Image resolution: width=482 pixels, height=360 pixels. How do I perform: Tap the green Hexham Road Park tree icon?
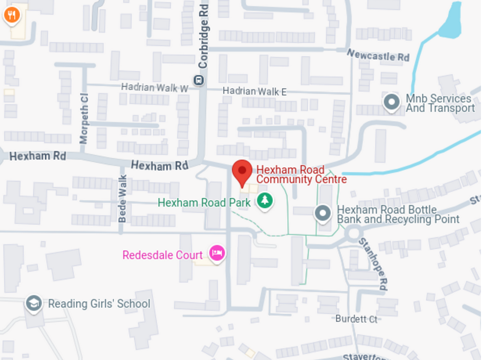pos(265,200)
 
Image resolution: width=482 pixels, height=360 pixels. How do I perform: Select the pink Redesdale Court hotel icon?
pos(217,253)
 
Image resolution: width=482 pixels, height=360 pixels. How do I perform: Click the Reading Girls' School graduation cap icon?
pos(34,303)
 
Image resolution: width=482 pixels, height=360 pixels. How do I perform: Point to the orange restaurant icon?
pos(12,15)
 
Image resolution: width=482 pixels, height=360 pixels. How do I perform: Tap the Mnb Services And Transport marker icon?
pos(391,102)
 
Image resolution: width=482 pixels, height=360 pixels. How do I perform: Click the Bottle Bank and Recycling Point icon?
pos(322,213)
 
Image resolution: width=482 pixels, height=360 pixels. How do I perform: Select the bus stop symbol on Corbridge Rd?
pos(199,81)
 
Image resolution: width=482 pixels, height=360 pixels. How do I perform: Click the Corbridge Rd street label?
pos(203,37)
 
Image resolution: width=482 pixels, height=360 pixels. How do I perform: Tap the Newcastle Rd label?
pos(378,55)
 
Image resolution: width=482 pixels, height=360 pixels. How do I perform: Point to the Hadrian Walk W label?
pos(154,87)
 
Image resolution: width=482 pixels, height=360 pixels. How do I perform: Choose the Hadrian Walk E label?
pos(254,91)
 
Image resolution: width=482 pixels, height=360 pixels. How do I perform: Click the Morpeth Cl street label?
pos(84,118)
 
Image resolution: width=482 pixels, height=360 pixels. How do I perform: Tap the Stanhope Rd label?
pos(373,263)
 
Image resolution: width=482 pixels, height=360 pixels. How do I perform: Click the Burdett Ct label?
pos(356,319)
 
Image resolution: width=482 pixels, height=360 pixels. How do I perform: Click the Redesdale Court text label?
pos(162,256)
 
